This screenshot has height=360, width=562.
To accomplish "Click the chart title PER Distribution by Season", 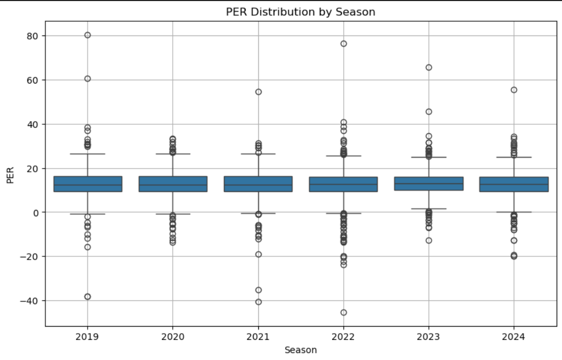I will point(301,12).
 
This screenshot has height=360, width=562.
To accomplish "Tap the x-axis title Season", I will point(301,349).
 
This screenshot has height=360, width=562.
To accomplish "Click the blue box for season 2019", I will point(88,183).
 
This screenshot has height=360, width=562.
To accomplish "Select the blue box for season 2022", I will point(343,184).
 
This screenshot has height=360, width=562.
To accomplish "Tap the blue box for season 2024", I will point(514,184).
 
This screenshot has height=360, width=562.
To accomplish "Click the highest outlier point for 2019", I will point(88,35).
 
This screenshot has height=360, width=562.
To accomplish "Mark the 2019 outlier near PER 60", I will point(88,79).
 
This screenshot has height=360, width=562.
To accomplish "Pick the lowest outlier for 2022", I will point(343,312).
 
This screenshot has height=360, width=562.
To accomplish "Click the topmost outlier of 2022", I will point(343,43).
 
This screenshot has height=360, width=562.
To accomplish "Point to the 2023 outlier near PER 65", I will point(429,67).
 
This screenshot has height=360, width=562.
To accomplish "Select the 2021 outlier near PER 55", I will point(258,91).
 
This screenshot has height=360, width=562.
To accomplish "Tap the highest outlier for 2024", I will point(514,90).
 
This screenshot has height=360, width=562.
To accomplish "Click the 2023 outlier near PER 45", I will point(429,112).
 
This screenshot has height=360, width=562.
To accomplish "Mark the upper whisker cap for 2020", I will point(173,154).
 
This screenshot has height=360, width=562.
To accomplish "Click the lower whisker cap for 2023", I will point(429,209).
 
